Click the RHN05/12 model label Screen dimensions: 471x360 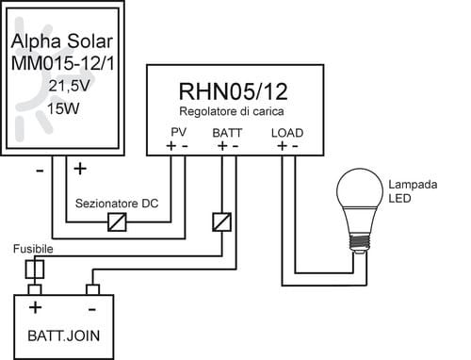(x=233, y=91)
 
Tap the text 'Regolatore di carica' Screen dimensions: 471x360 (x=232, y=111)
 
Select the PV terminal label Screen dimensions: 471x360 (x=179, y=132)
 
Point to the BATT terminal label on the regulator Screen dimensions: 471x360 (x=227, y=133)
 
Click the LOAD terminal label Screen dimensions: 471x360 (x=287, y=133)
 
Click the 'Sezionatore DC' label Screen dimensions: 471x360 (x=117, y=204)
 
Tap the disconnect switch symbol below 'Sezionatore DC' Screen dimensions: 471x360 (x=117, y=221)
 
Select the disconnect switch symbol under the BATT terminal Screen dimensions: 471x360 (x=222, y=221)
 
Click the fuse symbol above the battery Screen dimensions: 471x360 (x=35, y=270)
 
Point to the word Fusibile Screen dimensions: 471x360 (x=33, y=249)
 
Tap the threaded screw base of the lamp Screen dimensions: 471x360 (x=360, y=242)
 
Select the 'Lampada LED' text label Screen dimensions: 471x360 (x=413, y=191)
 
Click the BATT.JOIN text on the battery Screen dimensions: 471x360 (x=64, y=335)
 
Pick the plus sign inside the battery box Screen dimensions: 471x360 (x=35, y=307)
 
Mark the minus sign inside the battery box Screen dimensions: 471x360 (x=92, y=310)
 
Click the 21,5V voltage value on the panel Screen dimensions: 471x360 (x=69, y=86)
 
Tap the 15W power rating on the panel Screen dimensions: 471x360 (x=63, y=108)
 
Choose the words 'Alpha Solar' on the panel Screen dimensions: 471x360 (x=62, y=41)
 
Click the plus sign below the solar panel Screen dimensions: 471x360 (x=80, y=169)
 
